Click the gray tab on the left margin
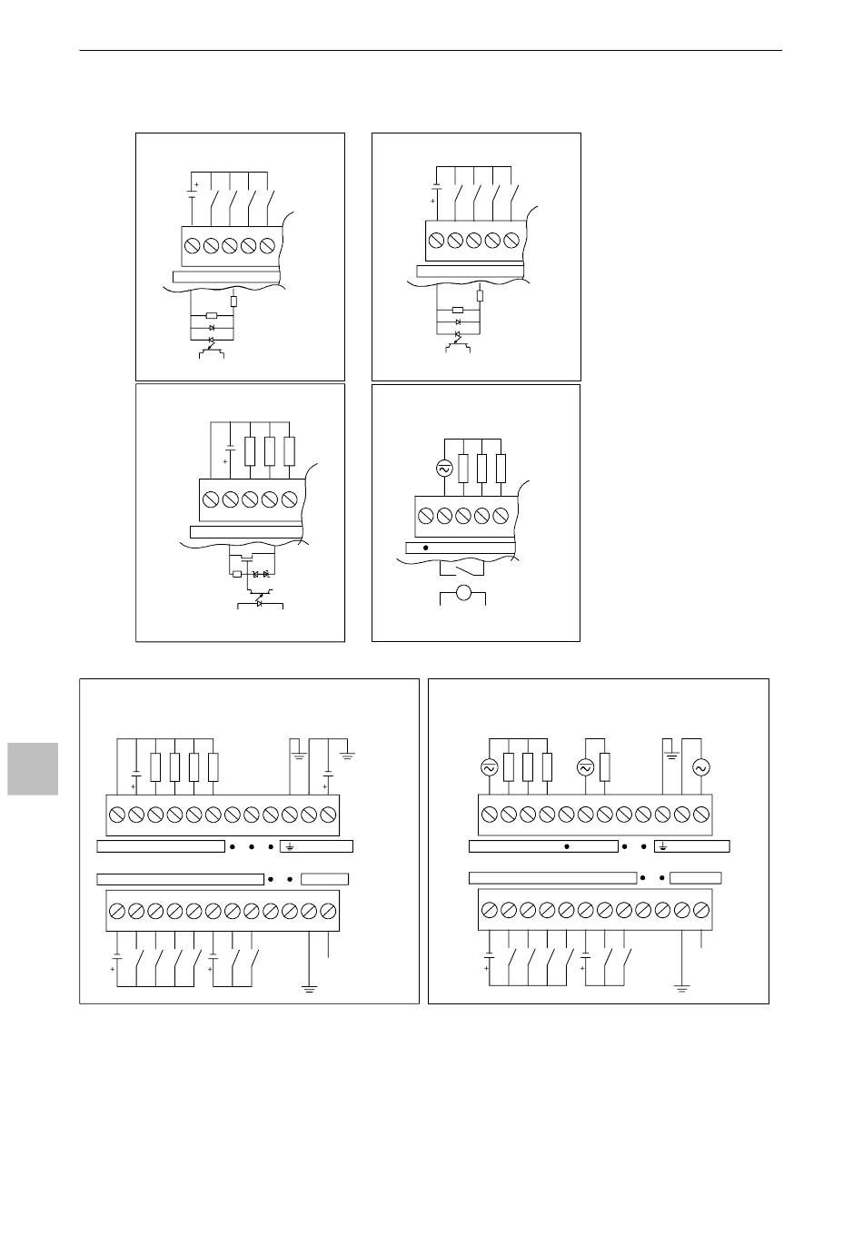33,768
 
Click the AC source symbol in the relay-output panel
445,469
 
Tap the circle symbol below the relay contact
463,594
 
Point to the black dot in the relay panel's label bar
425,548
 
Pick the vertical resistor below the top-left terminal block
233,301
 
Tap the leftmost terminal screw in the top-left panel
193,246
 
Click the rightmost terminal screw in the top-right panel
511,240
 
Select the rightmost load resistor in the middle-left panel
289,450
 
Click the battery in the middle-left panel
231,449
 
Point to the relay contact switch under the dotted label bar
461,569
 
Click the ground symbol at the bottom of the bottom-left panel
310,988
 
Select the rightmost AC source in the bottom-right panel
700,767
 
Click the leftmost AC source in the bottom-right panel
489,767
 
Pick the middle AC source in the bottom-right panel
586,767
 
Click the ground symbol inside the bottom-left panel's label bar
290,847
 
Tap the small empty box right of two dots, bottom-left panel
324,879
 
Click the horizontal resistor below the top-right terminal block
458,311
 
